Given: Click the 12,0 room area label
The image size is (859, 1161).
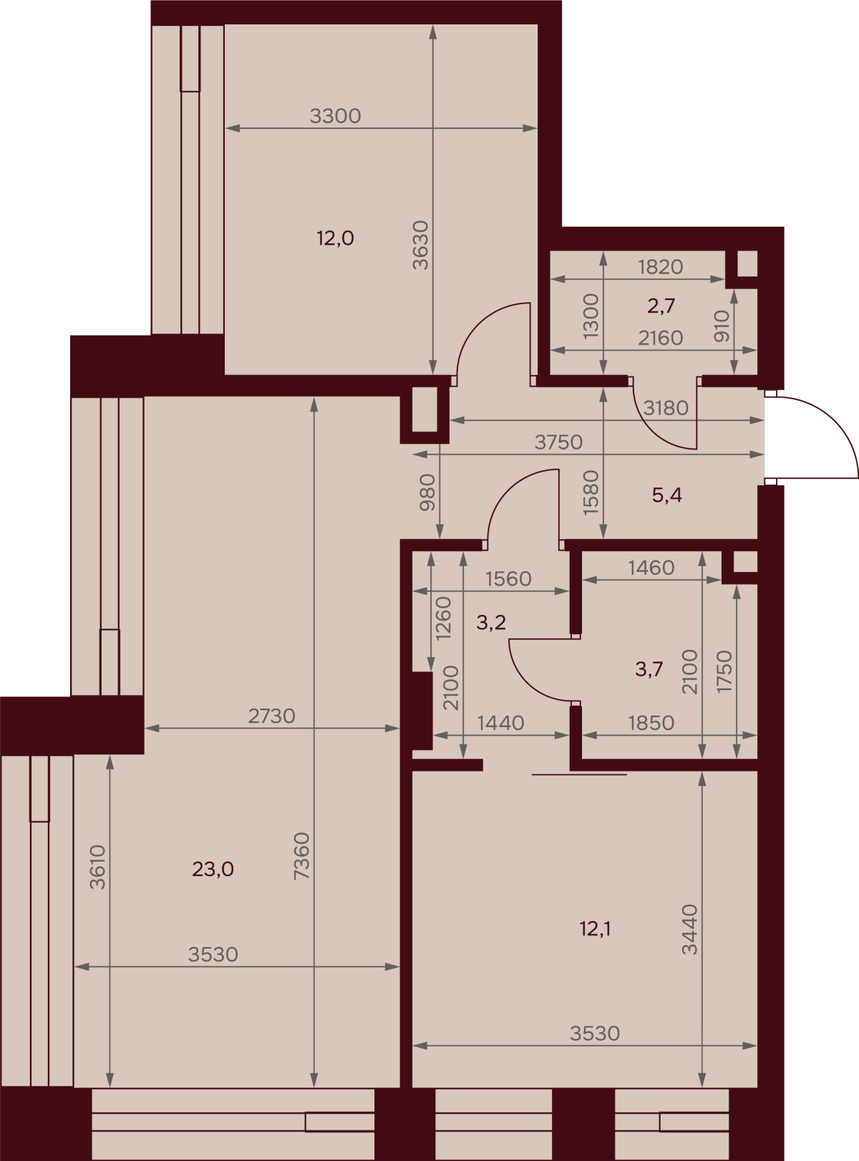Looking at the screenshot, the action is (335, 238).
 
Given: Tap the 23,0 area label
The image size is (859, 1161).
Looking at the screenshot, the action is (213, 869).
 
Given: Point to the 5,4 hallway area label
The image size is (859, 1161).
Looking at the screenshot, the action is (667, 495).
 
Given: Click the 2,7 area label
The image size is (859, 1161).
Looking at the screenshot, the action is (661, 305).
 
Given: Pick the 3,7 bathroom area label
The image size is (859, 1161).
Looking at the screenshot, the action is (649, 669).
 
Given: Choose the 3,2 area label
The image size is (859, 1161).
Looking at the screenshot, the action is (491, 623).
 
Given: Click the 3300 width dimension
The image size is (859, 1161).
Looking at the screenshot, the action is (335, 116).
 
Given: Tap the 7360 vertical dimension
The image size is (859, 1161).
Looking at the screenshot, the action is (302, 856).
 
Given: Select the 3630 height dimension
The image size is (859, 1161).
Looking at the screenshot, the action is (420, 245).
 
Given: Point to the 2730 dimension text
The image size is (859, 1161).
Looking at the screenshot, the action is (272, 716).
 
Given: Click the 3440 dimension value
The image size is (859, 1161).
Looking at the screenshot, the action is (690, 929).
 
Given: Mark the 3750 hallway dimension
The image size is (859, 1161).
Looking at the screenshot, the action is (558, 443).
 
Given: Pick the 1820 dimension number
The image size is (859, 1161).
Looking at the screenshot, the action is (661, 268).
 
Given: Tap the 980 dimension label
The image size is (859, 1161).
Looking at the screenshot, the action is (427, 492).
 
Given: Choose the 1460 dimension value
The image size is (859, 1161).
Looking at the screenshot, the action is (651, 568).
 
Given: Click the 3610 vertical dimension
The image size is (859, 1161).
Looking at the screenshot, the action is (98, 868).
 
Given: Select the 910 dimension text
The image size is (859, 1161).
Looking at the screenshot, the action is (722, 326).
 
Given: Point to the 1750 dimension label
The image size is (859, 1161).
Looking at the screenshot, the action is (724, 671).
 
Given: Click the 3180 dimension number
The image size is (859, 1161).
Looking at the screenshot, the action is (665, 408).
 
